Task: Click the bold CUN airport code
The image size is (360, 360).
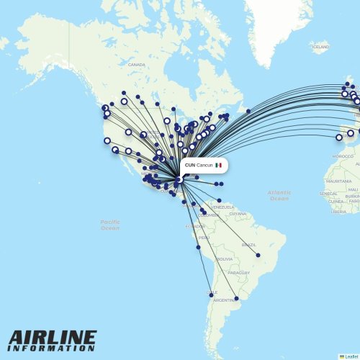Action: click(189, 165)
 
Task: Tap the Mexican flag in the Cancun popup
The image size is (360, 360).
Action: click(218, 165)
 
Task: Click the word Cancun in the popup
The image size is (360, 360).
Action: click(204, 165)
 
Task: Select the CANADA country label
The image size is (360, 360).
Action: click(136, 65)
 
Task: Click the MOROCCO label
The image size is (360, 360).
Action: click(343, 156)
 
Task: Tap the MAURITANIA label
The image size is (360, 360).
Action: click(338, 181)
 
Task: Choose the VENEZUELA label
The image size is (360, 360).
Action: click(222, 207)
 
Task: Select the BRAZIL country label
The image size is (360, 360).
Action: click(248, 245)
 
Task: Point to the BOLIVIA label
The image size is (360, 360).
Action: click(225, 259)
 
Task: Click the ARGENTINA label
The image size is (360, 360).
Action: click(224, 300)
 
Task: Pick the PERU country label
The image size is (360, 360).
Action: click(204, 238)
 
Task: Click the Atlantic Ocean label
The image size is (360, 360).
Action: click(279, 195)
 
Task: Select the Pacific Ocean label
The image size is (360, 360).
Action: click(110, 225)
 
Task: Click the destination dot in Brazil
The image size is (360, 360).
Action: click(258, 255)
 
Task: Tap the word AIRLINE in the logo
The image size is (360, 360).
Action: click(53, 338)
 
